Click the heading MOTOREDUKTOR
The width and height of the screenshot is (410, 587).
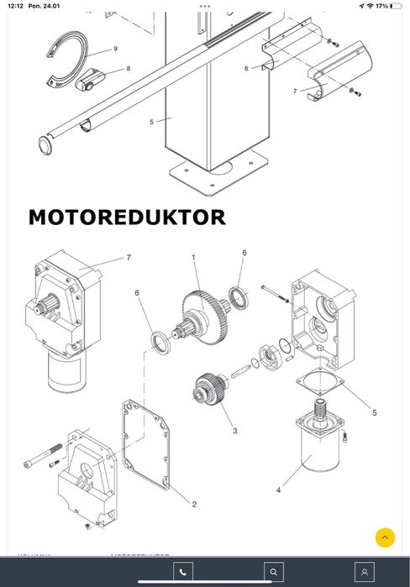127,218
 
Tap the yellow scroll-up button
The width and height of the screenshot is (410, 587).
384,537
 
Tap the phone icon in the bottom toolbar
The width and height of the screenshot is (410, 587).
183,572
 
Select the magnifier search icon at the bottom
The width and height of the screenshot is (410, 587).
272,572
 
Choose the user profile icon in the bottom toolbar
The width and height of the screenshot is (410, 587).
363,572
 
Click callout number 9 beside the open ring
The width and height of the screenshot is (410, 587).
115,49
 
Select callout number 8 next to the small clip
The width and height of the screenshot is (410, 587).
128,68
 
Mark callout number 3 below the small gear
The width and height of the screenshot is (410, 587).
234,431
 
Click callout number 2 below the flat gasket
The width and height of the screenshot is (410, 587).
194,504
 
